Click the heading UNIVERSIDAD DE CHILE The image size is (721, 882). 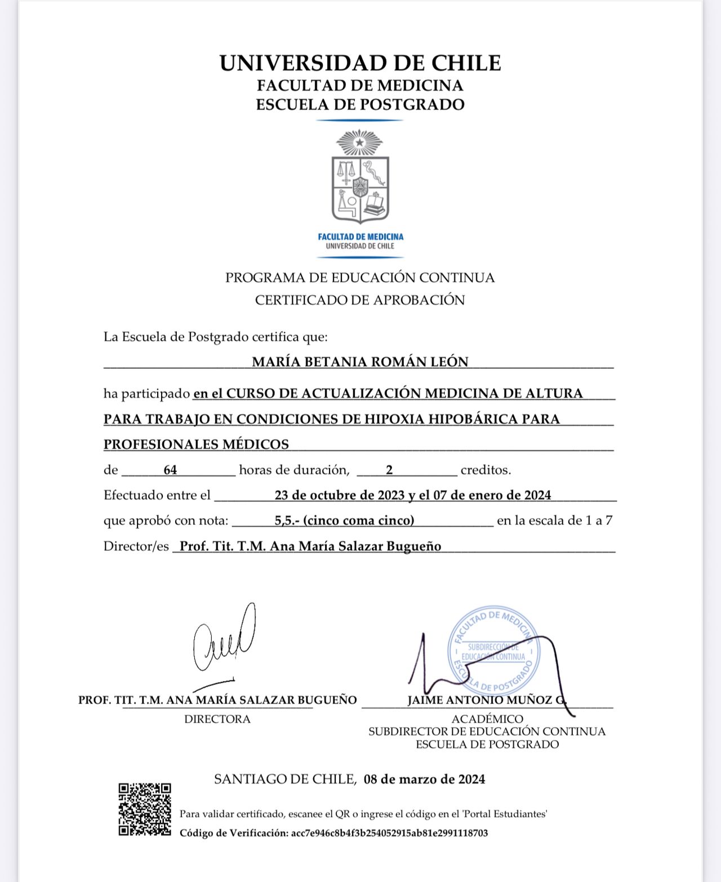360,63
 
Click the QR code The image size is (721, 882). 145,809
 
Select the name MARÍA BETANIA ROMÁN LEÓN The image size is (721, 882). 360,362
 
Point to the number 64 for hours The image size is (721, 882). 170,470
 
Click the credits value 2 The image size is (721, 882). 389,470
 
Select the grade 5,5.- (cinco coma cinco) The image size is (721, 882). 344,520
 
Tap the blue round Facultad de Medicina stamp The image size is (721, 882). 493,651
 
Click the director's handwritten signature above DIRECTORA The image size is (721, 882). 224,639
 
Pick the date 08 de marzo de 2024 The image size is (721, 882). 424,779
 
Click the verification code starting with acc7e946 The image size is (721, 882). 389,833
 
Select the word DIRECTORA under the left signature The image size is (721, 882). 217,719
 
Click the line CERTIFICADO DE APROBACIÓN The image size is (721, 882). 360,300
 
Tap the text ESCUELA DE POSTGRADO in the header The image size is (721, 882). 360,105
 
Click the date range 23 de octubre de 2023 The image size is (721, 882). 339,495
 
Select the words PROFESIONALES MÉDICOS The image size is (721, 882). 196,444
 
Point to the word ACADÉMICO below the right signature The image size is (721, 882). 487,719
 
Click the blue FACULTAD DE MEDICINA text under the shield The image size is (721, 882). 360,237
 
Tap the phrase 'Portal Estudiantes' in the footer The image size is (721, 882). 505,814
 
